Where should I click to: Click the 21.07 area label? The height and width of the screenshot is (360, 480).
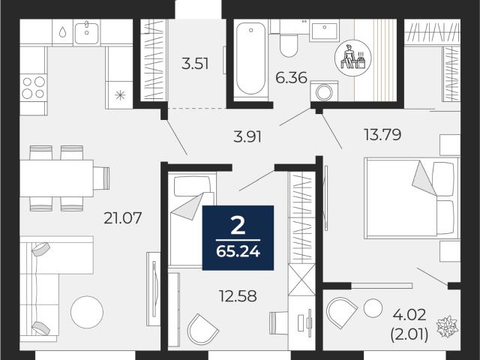point(122,218)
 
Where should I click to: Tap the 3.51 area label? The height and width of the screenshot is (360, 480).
point(195,64)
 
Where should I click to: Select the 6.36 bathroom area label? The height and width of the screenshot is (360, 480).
point(291,78)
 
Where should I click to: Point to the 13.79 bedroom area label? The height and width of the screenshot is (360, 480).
point(382,134)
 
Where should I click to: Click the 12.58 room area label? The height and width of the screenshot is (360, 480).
point(238,296)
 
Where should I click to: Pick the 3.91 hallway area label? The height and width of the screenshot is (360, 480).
point(247,136)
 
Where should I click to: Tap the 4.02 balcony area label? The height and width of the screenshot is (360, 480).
point(409,315)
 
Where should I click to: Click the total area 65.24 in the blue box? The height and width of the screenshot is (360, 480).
point(238,252)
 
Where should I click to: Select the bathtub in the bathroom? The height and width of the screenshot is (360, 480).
point(250,58)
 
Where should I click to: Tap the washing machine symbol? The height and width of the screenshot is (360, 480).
point(324,91)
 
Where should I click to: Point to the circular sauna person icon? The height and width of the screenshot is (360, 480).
point(353,57)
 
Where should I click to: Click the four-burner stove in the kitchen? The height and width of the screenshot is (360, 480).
point(33,88)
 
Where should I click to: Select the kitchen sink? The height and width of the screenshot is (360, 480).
point(87,32)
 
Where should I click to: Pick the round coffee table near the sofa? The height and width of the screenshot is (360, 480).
point(87,312)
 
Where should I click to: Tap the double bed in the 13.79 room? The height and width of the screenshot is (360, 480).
point(412,198)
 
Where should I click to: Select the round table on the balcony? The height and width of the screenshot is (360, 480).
point(373,307)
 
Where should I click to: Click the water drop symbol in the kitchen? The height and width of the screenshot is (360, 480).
point(62,31)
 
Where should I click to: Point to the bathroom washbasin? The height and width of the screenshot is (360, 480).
point(324,30)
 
